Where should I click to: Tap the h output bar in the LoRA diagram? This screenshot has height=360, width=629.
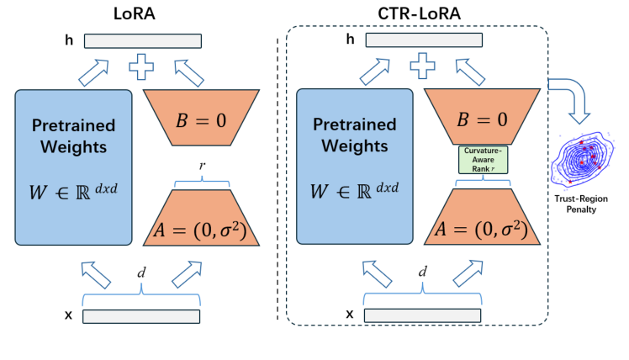click(x=142, y=40)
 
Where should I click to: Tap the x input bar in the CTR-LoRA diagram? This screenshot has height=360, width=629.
click(x=424, y=316)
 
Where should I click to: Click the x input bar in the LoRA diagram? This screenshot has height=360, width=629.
click(x=142, y=316)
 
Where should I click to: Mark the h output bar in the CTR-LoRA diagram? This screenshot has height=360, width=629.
click(x=424, y=40)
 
